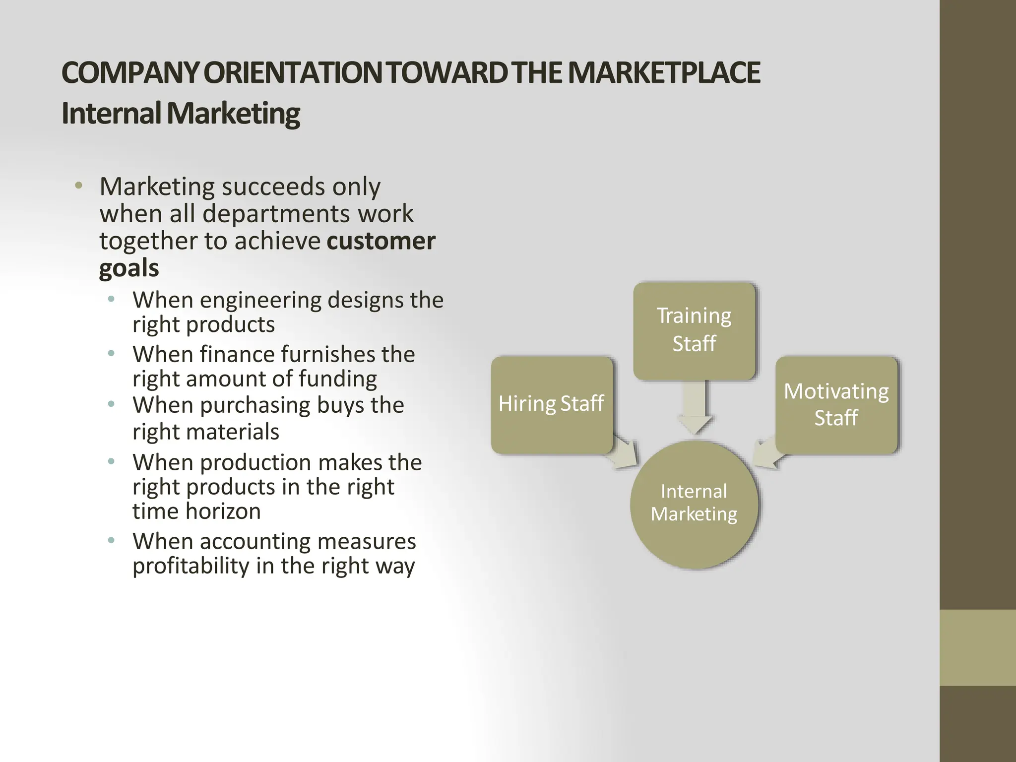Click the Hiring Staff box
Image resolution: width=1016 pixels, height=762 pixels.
tap(552, 404)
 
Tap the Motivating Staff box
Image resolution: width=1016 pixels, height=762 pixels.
tap(836, 404)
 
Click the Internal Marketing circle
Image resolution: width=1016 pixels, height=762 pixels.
tap(694, 504)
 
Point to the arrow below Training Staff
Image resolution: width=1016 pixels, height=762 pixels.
tap(695, 406)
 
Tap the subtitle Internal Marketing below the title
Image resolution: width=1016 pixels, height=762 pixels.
tap(181, 114)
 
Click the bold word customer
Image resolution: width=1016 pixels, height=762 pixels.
tap(381, 241)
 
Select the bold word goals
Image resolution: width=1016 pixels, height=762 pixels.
tap(129, 268)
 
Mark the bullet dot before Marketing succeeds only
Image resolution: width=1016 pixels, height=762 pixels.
tap(78, 186)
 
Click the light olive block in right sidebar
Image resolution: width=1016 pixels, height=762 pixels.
tap(977, 647)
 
